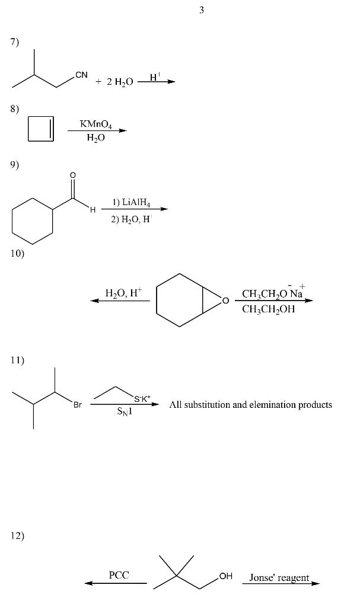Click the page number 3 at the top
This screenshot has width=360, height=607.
(x=202, y=10)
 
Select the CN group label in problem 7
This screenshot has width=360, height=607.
(x=81, y=75)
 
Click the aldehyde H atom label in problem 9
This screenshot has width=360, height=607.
(x=93, y=209)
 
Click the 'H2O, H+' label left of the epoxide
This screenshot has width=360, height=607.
(x=123, y=293)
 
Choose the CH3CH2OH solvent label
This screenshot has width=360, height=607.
(x=269, y=309)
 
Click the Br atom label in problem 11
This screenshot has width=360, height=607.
(x=78, y=405)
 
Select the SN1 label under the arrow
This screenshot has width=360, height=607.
(x=125, y=413)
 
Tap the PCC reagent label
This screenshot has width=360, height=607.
(x=119, y=575)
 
